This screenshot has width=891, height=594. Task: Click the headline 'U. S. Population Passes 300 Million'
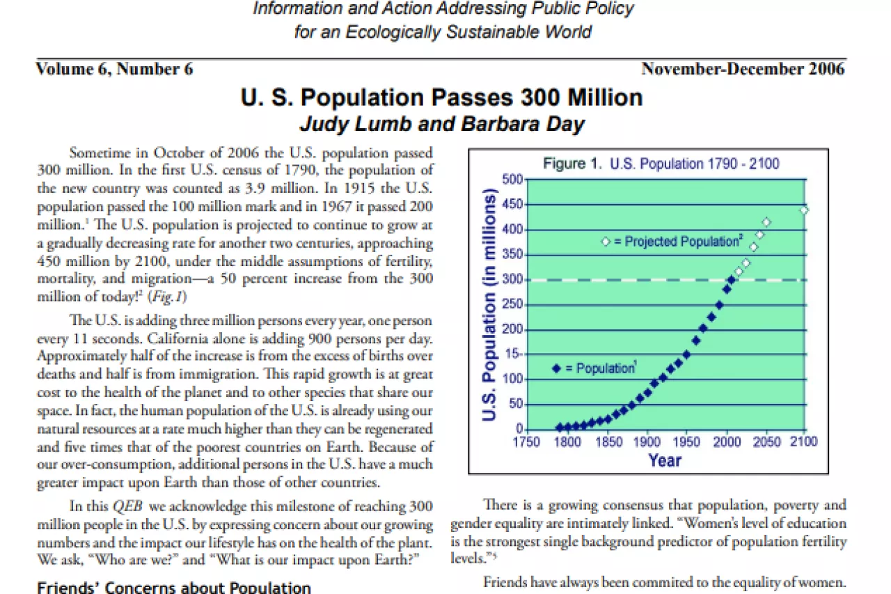pyautogui.click(x=441, y=98)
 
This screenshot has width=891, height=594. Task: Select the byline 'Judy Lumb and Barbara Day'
pyautogui.click(x=442, y=124)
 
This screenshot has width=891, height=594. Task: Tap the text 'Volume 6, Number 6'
pyautogui.click(x=115, y=69)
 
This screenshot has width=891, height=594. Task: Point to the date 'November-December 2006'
pyautogui.click(x=743, y=69)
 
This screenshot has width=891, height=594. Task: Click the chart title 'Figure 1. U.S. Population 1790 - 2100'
pyautogui.click(x=661, y=164)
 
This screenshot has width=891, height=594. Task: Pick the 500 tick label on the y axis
pyautogui.click(x=512, y=180)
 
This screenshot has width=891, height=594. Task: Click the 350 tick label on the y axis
pyautogui.click(x=512, y=254)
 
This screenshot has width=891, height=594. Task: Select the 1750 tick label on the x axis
pyautogui.click(x=526, y=442)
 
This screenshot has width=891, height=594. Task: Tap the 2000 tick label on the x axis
pyautogui.click(x=727, y=442)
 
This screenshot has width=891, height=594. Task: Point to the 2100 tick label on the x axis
pyautogui.click(x=804, y=441)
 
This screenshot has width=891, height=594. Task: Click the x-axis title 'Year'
pyautogui.click(x=665, y=461)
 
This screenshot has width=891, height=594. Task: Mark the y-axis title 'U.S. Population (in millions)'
pyautogui.click(x=489, y=305)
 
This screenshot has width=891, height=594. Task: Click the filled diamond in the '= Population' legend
pyautogui.click(x=556, y=369)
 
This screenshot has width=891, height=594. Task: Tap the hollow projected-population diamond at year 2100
pyautogui.click(x=804, y=210)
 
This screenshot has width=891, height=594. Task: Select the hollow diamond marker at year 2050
pyautogui.click(x=766, y=222)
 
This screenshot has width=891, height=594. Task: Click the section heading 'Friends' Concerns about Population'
pyautogui.click(x=174, y=588)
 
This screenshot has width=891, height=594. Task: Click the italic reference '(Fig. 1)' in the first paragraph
pyautogui.click(x=167, y=297)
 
